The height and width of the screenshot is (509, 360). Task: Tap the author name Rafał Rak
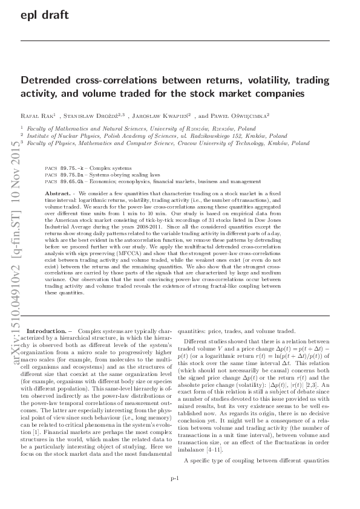coord(36,115)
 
